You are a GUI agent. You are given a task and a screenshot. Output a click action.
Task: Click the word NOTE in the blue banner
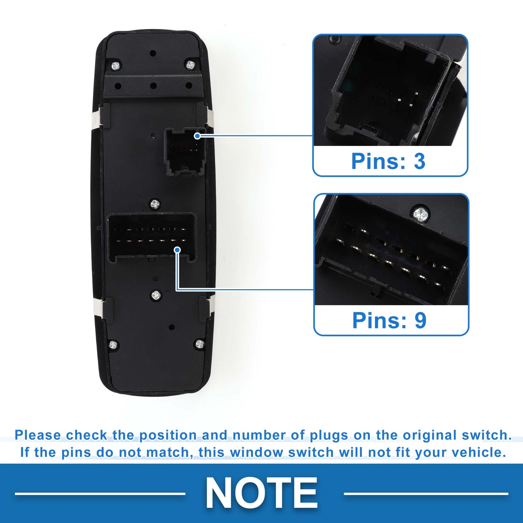261,492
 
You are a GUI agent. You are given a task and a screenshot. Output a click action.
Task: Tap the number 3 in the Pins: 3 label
419,161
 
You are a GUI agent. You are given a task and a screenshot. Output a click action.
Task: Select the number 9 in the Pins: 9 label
421,320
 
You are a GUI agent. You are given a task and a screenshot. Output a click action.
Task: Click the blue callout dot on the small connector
198,136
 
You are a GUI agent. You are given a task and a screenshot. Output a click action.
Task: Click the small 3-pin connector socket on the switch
184,152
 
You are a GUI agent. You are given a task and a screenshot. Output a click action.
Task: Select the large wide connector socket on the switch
152,238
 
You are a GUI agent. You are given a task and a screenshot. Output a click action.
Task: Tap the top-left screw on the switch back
116,66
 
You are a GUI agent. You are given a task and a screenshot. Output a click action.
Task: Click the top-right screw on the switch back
190,65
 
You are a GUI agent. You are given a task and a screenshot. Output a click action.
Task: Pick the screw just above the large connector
155,203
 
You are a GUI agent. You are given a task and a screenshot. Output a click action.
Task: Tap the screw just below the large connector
156,295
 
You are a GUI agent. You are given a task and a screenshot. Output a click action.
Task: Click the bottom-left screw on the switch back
113,345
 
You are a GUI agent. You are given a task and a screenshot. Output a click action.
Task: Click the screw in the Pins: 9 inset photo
421,215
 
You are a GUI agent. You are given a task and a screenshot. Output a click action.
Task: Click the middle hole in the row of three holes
153,86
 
